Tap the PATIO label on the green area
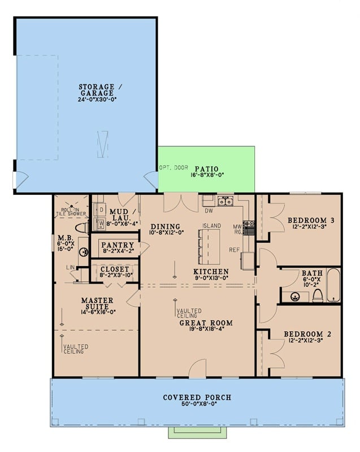click(206, 169)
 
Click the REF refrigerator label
click(235, 249)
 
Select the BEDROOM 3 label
click(307, 220)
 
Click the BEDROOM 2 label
click(309, 334)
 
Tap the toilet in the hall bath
click(318, 295)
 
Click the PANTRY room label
click(117, 245)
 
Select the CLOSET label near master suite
click(114, 270)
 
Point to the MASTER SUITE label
click(97, 304)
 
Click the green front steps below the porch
click(197, 432)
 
